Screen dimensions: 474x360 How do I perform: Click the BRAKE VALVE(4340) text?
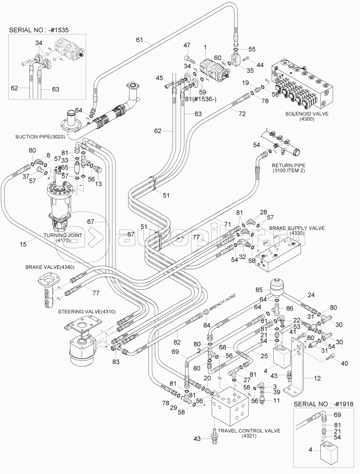(50, 267)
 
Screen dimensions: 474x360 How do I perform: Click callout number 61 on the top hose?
(140, 40)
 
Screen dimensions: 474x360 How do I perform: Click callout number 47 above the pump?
(187, 46)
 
